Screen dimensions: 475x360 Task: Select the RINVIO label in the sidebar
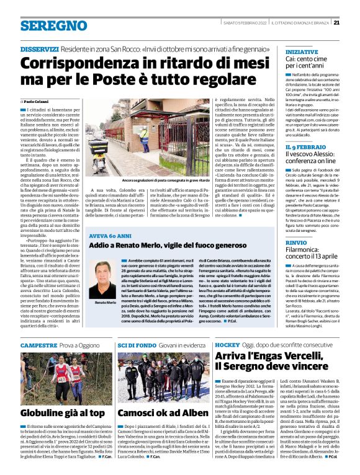[x=295, y=242]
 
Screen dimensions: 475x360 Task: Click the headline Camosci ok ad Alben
[x=154, y=413]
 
